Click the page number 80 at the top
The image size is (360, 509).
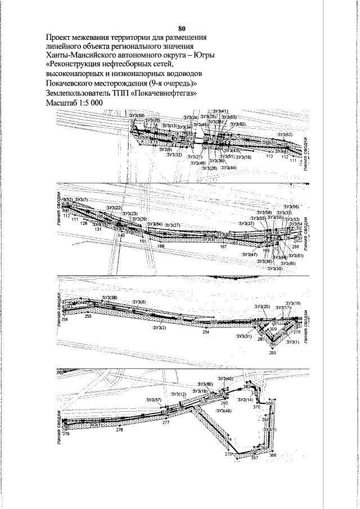click(181, 28)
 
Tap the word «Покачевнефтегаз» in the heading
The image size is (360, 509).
click(164, 93)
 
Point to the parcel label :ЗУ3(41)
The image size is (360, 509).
click(217, 111)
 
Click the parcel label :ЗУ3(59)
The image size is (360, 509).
click(137, 115)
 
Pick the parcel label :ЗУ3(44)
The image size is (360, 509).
click(229, 168)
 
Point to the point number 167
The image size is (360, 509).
click(223, 246)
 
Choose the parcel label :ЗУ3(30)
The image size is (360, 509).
click(275, 268)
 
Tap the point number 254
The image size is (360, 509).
click(206, 332)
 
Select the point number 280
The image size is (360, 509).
click(273, 353)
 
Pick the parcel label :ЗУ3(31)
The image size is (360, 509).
click(244, 336)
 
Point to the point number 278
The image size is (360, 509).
click(119, 430)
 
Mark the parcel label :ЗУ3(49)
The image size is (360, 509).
click(223, 411)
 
